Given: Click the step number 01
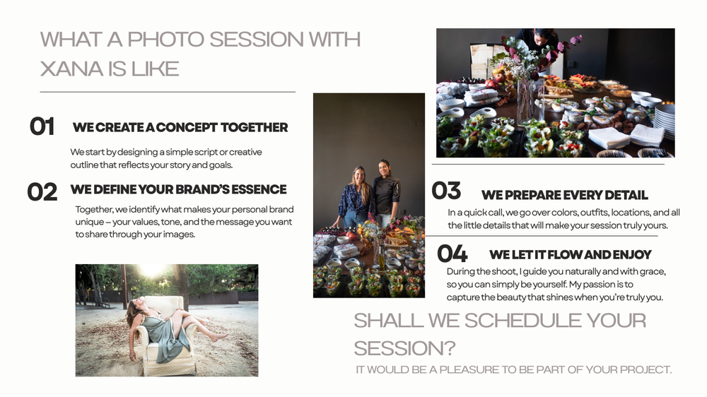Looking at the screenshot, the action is coord(42,126).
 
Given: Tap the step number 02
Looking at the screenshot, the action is coord(42,192).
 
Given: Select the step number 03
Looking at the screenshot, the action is coord(446,190).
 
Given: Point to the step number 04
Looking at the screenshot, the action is coord(452,254).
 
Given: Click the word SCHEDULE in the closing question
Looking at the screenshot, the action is coord(522,321).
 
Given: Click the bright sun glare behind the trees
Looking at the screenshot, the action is coord(152,271).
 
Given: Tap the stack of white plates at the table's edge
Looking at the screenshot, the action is coord(664,121).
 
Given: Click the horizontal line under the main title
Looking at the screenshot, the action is coord(168,92).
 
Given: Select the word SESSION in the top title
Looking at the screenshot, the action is coord(256,40).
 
